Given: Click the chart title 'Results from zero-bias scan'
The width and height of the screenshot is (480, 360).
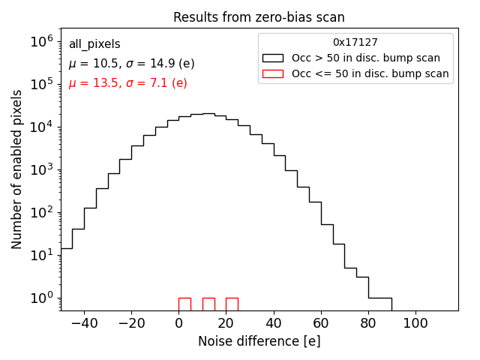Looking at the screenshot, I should [x=259, y=17].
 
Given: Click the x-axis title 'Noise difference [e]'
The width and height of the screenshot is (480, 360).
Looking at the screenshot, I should [x=259, y=341].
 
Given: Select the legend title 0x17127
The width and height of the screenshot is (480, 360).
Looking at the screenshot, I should [x=355, y=43].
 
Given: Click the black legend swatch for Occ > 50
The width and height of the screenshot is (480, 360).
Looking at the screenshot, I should [x=274, y=58].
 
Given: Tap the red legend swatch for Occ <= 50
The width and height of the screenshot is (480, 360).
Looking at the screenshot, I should [x=274, y=73].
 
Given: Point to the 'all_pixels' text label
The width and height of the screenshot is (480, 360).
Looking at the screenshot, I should [x=94, y=44].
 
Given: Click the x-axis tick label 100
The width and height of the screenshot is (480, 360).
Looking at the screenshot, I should [x=415, y=323].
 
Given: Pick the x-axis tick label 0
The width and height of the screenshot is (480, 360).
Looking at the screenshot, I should [x=178, y=323].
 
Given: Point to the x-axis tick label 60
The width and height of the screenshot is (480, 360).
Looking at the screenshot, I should [x=321, y=323].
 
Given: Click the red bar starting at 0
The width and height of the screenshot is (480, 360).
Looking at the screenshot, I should [x=184, y=304].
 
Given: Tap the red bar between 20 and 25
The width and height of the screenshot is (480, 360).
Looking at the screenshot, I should [x=232, y=304].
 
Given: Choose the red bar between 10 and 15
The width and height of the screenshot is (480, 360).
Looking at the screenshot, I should [x=208, y=304].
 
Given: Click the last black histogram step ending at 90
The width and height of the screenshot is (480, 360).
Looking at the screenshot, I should [x=380, y=298].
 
